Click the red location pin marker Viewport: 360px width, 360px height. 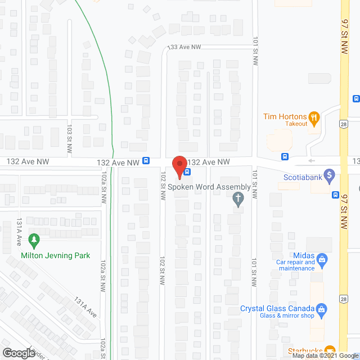tap(179, 166)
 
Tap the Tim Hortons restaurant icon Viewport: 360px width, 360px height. tap(315, 118)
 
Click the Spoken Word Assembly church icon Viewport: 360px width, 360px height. tap(238, 198)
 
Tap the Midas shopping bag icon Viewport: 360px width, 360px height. tap(322, 259)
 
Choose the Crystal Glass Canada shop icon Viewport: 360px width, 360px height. tap(321, 308)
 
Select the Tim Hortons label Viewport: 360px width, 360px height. tap(285, 116)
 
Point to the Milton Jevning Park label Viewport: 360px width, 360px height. tap(55, 255)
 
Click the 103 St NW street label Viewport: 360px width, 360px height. tap(70, 141)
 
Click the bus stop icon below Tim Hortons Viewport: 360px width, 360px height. tap(285, 156)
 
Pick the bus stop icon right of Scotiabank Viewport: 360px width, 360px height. tap(335, 196)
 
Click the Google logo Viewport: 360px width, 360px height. tap(19, 353)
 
